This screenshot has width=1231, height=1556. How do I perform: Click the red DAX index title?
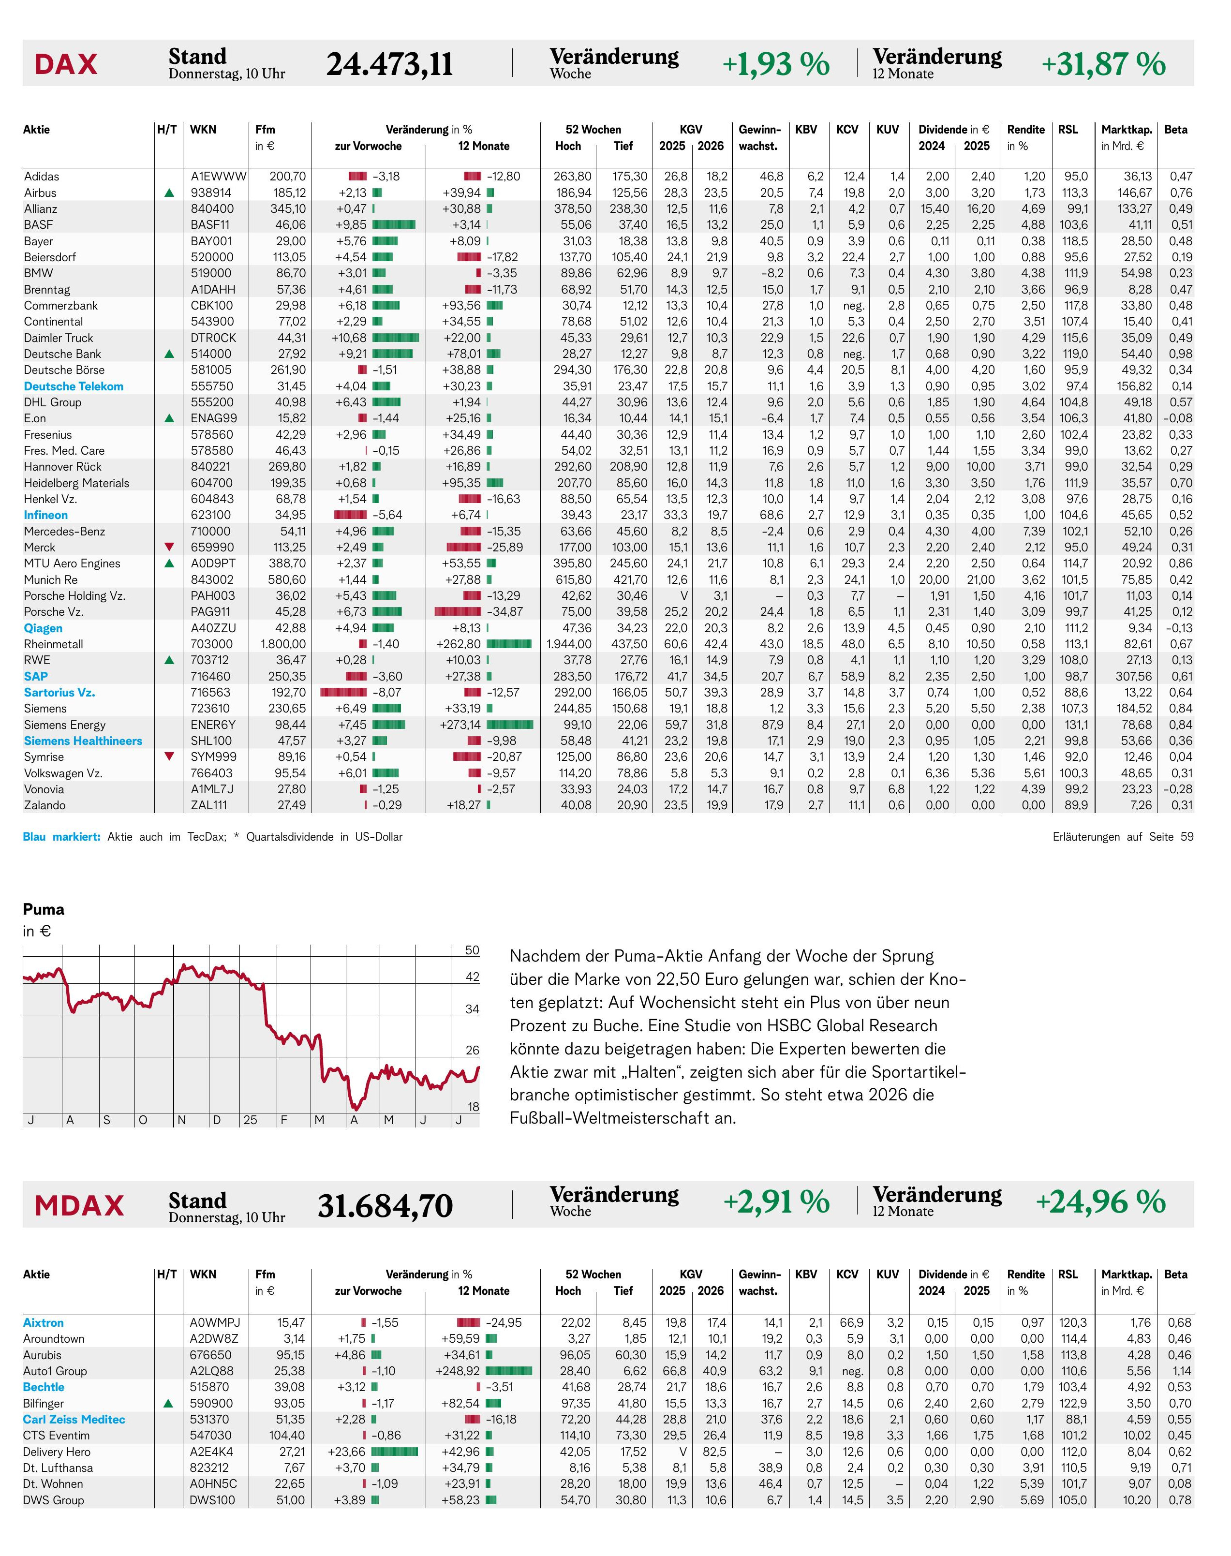pos(66,64)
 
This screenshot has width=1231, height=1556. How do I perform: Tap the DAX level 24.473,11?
pos(389,64)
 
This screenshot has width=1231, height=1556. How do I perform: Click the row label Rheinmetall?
pos(53,644)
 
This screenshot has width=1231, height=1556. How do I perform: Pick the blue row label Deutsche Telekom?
pos(74,386)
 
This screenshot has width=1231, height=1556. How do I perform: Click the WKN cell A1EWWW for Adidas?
pos(218,177)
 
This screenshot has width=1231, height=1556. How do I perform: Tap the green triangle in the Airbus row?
pos(169,193)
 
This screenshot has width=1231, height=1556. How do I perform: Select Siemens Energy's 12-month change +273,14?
pos(460,725)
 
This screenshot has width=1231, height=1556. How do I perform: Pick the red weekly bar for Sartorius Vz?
pos(344,693)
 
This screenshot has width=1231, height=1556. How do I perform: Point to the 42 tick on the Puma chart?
pos(472,977)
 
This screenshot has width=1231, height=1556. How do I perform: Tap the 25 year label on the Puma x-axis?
pos(250,1120)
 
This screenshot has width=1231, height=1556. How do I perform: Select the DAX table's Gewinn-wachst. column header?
pos(760,138)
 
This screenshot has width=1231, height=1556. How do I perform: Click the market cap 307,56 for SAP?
pos(1133,677)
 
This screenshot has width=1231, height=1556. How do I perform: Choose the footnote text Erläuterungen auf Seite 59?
pos(1123,837)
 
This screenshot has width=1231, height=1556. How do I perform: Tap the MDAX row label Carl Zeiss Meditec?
pos(74,1419)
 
